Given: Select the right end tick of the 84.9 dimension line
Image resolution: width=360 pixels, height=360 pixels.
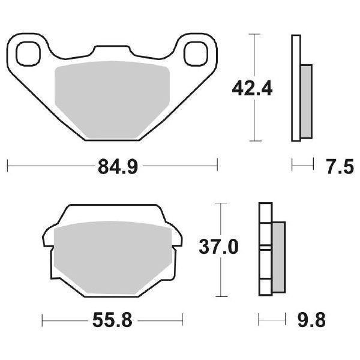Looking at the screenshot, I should (x=217, y=163).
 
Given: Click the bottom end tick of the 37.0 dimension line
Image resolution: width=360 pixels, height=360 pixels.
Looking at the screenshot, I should (x=223, y=297).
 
